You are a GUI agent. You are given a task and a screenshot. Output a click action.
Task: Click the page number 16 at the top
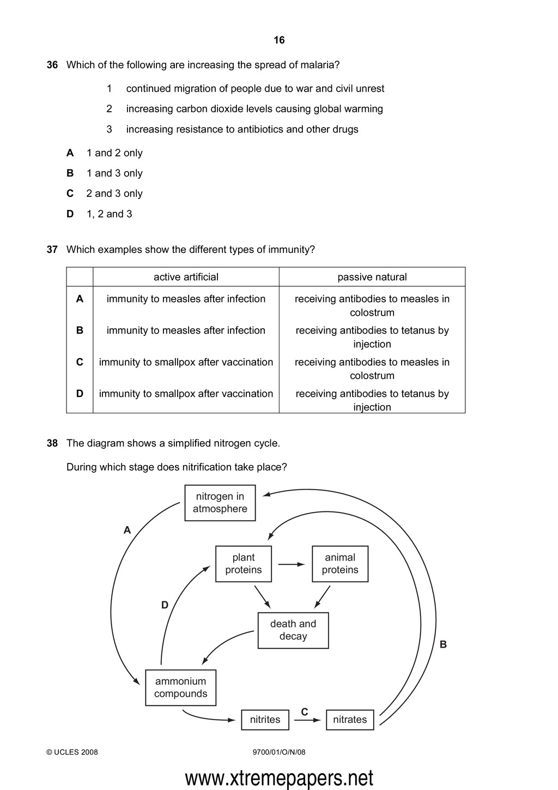pos(279,40)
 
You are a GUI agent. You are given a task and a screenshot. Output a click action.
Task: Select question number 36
pos(52,65)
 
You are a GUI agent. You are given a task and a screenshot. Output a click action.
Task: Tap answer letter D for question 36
pos(70,214)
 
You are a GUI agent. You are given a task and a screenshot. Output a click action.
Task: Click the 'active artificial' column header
pos(186,277)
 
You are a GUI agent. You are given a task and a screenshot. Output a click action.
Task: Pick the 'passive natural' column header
pos(372,277)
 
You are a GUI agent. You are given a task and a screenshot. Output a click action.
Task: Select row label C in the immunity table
pos(80,362)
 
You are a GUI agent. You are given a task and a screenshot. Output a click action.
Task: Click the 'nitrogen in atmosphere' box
pos(220,503)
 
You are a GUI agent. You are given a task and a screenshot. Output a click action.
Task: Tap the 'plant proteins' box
pos(244,564)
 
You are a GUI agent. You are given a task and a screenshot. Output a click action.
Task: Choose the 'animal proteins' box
pos(340,564)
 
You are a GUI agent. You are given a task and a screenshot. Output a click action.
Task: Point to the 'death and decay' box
pos(293,630)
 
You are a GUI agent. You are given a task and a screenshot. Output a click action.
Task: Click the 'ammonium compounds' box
pos(181,688)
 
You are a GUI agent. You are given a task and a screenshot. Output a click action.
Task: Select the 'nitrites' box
pos(265,720)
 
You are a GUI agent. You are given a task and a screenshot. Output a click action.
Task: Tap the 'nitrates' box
pos(350,720)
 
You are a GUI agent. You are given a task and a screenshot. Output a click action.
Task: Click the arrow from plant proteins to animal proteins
pos(292,564)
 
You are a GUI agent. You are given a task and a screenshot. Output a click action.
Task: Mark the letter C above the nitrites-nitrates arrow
pos(305,712)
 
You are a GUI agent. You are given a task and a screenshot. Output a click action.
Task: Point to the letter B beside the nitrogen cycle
pos(443,644)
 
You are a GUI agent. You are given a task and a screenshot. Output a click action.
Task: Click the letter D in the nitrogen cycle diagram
pos(165,605)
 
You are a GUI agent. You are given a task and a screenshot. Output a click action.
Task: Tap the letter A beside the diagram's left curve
pos(128,530)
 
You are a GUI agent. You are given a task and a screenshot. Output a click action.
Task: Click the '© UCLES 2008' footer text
pos(72,752)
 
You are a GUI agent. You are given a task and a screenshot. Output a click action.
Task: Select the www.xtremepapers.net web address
pos(279,778)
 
